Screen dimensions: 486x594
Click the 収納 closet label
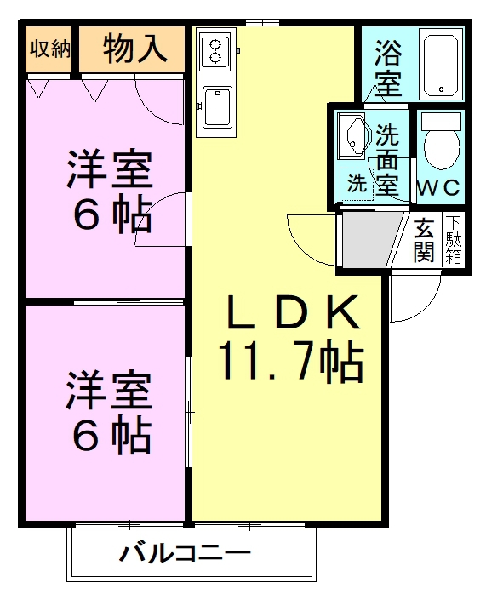coord(50,49)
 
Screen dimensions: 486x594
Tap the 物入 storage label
coord(134,49)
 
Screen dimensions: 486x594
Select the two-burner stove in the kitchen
coord(215,52)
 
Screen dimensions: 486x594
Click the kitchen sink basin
coord(217,107)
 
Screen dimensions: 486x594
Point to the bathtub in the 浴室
coord(441,66)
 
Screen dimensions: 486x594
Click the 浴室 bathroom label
coord(388,68)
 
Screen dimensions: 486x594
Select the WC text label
coord(438,187)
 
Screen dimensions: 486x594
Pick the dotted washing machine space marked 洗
coord(357,184)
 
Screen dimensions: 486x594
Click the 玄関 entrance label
coord(424,240)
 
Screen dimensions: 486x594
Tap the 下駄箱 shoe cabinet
coord(454,239)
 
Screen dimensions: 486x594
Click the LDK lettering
coord(293,312)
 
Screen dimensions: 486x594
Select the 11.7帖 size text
coord(291,361)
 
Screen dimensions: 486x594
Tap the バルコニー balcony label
coord(185,553)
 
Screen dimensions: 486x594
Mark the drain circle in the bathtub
coord(441,89)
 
